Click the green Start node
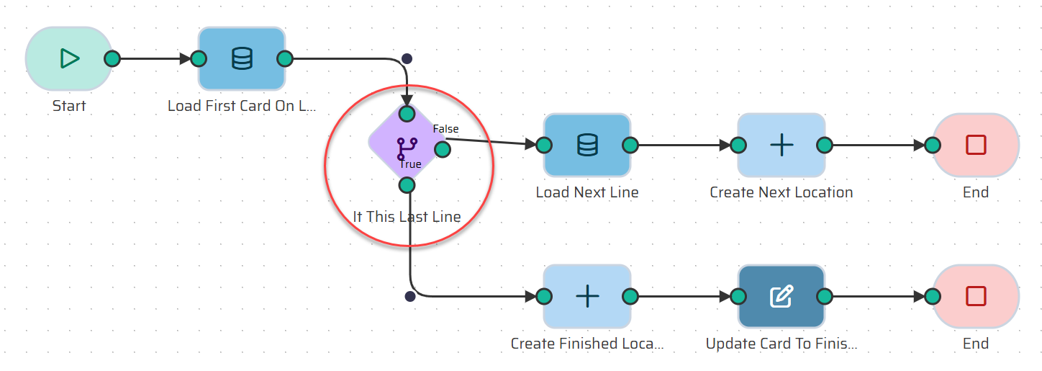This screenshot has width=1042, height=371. click(68, 58)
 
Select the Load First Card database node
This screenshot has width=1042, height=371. click(242, 58)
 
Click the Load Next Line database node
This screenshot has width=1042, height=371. click(587, 145)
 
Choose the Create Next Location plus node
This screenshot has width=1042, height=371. click(781, 145)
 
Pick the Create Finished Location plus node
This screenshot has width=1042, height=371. click(587, 296)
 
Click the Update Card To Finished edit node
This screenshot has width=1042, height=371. click(781, 296)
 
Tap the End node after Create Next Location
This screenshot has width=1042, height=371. click(976, 145)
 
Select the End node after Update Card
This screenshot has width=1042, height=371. click(976, 296)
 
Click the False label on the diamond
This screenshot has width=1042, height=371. click(445, 129)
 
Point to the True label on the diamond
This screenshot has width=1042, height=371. click(410, 164)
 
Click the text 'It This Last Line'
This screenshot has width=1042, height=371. click(407, 216)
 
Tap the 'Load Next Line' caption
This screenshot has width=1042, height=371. click(587, 192)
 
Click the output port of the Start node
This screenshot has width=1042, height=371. click(112, 58)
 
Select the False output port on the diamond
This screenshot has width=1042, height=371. click(443, 149)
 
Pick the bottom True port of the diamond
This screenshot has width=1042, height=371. click(407, 185)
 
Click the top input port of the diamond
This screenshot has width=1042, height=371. click(407, 113)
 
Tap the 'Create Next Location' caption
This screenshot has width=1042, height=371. click(781, 192)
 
